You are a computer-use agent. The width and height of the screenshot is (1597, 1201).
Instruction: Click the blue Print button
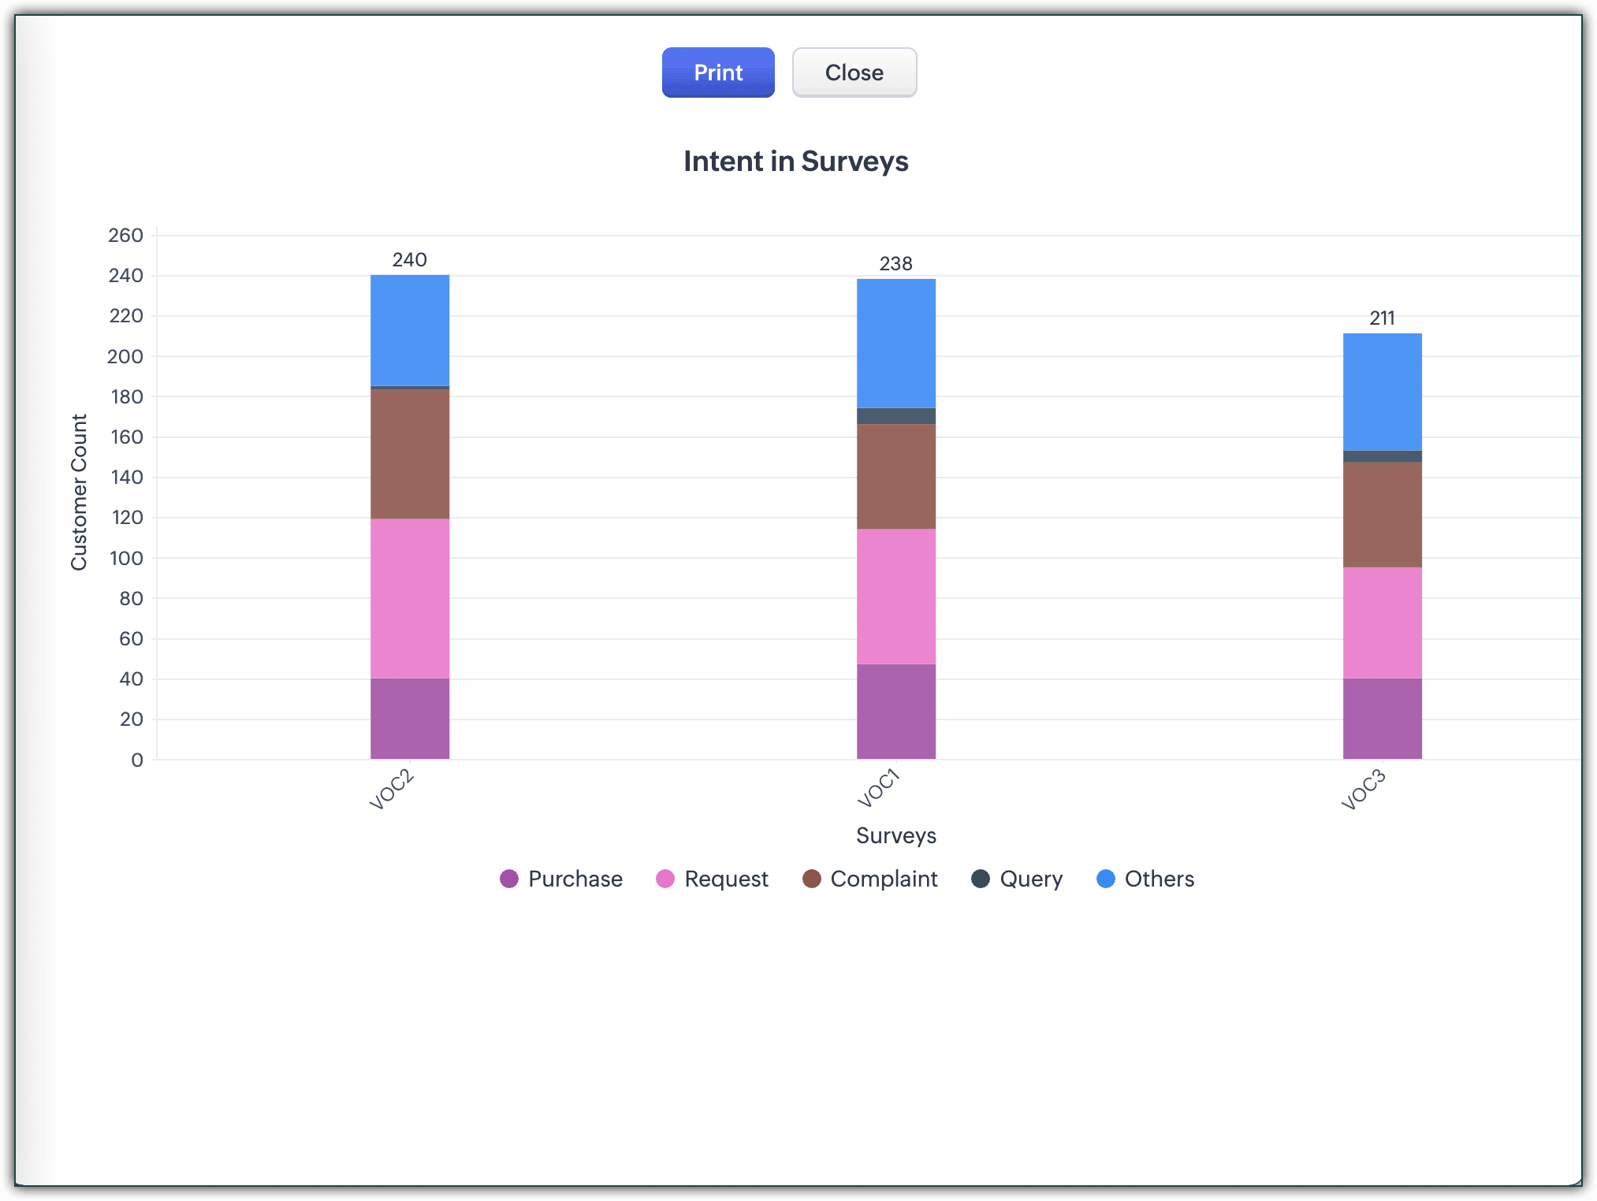[718, 73]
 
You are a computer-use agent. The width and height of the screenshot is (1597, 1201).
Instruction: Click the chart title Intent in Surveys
[795, 162]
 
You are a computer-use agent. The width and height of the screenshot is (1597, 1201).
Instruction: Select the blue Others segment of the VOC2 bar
[410, 330]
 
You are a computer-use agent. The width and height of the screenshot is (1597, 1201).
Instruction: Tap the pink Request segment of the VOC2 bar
[410, 598]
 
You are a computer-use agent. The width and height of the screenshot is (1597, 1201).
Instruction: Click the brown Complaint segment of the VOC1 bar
[896, 476]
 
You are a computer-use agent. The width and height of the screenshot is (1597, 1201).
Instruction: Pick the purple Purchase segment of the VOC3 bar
[1382, 719]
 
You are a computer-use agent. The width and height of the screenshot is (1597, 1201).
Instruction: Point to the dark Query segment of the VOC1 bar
[896, 416]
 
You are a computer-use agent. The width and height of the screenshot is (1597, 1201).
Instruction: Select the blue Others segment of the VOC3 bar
[1382, 392]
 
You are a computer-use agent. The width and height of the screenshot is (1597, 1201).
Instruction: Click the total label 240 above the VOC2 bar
[410, 260]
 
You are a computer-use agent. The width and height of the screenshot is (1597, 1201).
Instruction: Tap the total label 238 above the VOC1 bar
[896, 264]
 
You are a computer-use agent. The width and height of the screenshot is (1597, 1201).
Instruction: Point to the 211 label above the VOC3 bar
[1382, 318]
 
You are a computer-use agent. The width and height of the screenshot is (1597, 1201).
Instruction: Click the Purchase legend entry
[561, 879]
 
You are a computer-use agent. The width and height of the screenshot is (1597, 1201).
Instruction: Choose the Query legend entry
[1018, 879]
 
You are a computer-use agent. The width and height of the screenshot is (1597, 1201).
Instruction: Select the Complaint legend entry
[870, 879]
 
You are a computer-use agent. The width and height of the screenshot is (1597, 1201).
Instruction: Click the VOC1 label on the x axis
[878, 789]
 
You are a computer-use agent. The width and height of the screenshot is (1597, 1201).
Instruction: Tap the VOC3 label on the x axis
[1363, 790]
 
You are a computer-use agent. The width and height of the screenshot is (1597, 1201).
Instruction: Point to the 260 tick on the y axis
[126, 236]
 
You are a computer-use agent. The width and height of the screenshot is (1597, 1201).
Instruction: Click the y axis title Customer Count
[79, 492]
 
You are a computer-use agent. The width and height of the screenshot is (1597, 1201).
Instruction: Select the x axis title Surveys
[896, 835]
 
